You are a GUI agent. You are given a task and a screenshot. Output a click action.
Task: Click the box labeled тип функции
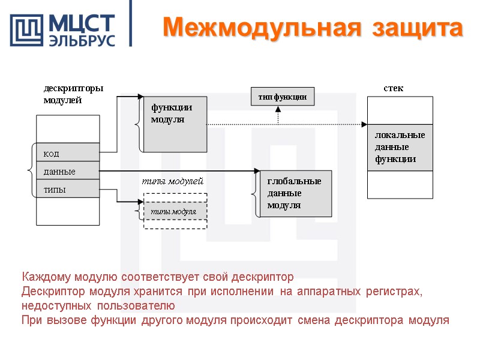(282, 97)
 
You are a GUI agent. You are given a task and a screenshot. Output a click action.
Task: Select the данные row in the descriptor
(68, 172)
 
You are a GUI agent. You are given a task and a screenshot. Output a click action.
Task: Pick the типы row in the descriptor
(68, 190)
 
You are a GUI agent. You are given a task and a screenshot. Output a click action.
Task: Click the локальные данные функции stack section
(400, 148)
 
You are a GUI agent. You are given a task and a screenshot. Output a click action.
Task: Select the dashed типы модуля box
(175, 212)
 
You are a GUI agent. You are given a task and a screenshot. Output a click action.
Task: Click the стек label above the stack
(393, 88)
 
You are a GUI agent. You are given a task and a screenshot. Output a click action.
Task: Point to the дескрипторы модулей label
(73, 94)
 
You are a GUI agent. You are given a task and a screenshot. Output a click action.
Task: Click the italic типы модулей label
(172, 181)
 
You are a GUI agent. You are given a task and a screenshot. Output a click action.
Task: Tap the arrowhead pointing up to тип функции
(278, 109)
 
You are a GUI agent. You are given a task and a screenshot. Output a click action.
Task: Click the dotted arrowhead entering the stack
(364, 124)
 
